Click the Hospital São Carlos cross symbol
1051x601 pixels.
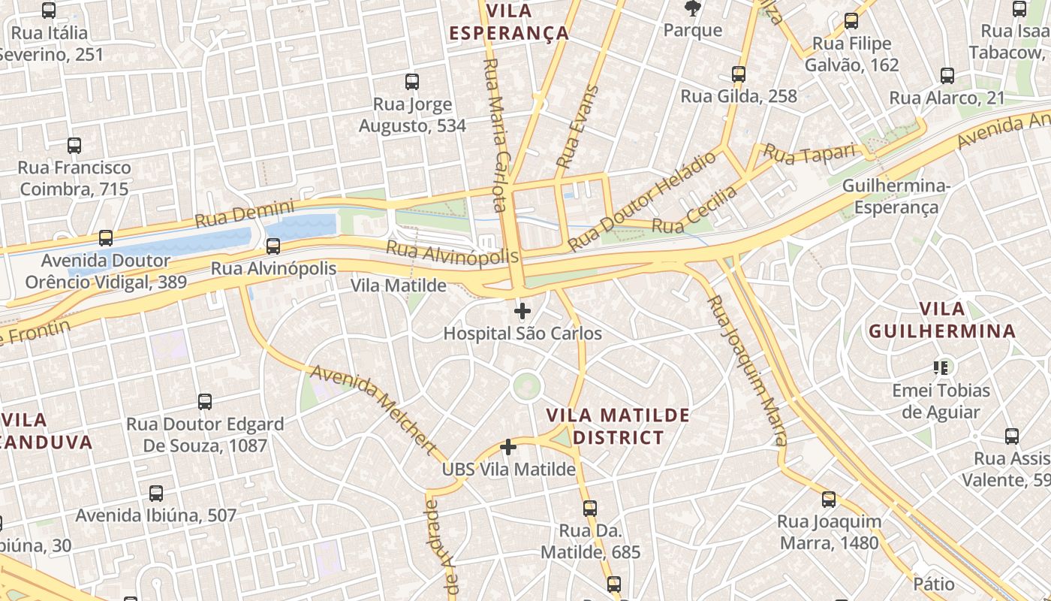point(522,311)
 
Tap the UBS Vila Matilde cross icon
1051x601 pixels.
point(508,447)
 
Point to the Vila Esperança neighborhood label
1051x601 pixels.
point(509,23)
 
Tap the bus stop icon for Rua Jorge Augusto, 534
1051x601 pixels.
point(412,82)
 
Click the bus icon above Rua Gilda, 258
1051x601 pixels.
point(739,74)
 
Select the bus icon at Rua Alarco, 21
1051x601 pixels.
point(947,76)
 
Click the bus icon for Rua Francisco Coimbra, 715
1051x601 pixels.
point(74,146)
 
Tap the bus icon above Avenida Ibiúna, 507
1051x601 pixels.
point(156,494)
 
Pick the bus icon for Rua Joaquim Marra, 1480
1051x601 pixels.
point(829,500)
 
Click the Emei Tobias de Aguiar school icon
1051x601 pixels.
point(941,367)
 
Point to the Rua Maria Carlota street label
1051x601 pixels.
point(497,135)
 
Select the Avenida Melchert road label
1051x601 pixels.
point(373,409)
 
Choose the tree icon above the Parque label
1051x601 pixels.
point(692,9)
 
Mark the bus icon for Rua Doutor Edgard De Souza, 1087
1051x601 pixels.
point(205,402)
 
